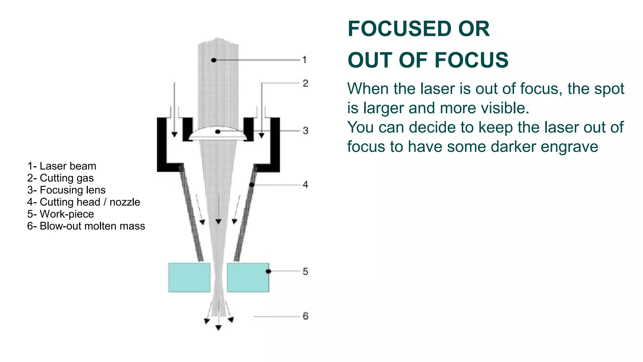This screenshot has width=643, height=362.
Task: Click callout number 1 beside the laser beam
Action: tap(304, 59)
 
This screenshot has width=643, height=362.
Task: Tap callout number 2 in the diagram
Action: tap(305, 83)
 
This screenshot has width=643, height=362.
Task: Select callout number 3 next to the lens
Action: tap(305, 130)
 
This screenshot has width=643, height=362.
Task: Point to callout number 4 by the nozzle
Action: tap(305, 184)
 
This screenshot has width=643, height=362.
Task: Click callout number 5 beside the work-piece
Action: tap(305, 271)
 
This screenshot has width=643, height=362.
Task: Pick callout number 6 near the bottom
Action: tap(305, 316)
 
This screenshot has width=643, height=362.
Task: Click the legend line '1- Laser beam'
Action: tap(62, 166)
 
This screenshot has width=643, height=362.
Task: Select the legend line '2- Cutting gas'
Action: tap(60, 178)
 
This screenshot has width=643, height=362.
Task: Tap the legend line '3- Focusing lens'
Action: tap(66, 190)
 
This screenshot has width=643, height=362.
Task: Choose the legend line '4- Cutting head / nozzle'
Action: tap(84, 202)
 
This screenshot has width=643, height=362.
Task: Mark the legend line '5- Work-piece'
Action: tap(61, 214)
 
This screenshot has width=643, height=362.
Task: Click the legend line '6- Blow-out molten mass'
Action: tap(86, 226)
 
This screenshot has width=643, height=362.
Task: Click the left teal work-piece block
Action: tap(189, 277)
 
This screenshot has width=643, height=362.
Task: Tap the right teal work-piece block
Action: tap(248, 277)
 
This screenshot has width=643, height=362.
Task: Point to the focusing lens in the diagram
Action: tap(218, 134)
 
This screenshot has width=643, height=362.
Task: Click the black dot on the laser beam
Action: tap(214, 60)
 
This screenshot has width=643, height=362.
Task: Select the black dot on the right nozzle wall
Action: tap(252, 184)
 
